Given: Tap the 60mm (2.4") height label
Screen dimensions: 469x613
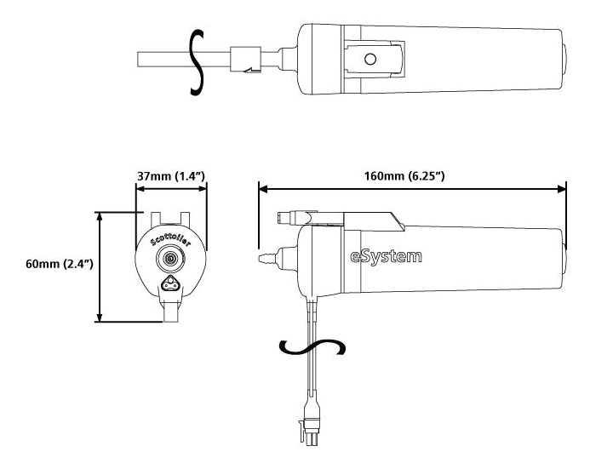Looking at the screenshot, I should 59,264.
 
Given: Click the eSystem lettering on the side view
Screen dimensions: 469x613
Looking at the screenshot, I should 386,255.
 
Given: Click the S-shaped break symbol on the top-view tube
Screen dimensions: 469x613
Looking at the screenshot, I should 196,60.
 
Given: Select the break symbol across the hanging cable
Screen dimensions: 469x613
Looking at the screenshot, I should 314,348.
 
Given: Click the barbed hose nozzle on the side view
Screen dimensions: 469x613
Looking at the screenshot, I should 264,255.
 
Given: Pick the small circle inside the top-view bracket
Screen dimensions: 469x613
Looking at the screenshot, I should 370,59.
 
